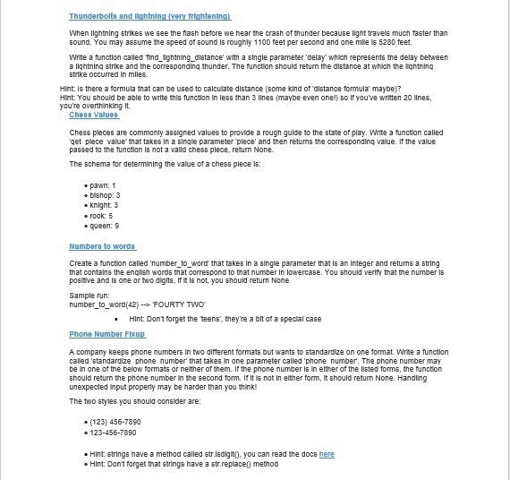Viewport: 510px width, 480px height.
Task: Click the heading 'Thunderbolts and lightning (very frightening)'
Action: (149, 16)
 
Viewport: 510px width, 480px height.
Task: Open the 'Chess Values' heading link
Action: (94, 115)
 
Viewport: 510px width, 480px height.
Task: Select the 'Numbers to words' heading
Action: (102, 245)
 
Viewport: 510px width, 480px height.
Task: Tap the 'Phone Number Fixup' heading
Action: (107, 333)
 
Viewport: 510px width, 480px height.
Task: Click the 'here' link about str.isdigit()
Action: (327, 454)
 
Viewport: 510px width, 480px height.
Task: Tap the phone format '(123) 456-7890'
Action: (115, 421)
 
